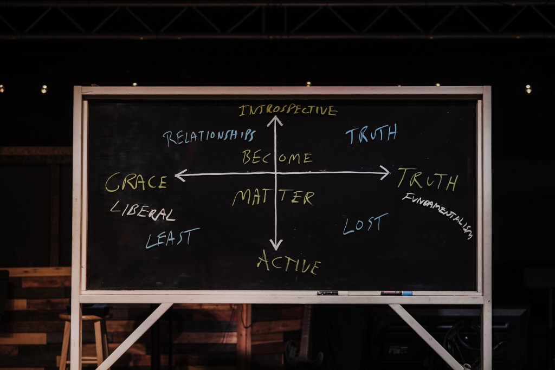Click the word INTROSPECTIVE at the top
tap(288, 111)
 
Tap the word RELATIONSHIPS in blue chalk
tap(209, 137)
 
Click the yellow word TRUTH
tap(428, 179)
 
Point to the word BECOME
tap(277, 158)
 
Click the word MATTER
tap(273, 197)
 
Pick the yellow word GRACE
tap(136, 182)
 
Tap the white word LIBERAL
tap(143, 211)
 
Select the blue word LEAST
tap(172, 237)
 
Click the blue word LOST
tap(365, 223)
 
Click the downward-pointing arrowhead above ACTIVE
tap(276, 246)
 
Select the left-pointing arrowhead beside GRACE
tap(179, 174)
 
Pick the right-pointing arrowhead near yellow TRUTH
tap(385, 172)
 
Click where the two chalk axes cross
tap(275, 173)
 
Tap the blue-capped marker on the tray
tap(396, 293)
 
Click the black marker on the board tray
tap(328, 293)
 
